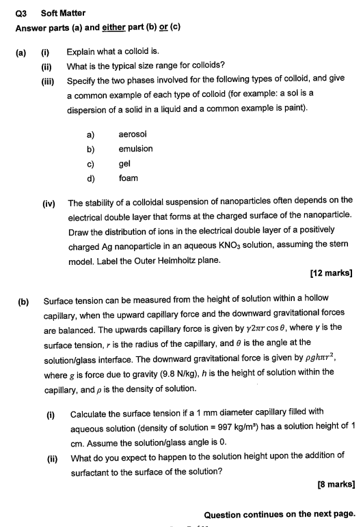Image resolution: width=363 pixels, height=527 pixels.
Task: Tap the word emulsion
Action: [135, 149]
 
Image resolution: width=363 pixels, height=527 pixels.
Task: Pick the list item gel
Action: [124, 164]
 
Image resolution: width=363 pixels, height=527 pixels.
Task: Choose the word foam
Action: [128, 178]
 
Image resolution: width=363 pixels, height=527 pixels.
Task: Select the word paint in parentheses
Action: [291, 109]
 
